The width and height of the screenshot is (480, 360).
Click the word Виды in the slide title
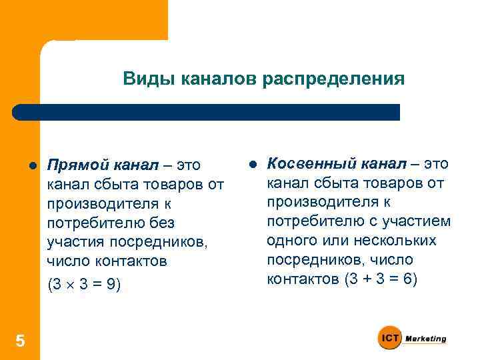pos(142,79)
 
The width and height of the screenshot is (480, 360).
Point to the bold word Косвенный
pos(302,164)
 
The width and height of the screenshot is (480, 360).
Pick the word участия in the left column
pos(71,241)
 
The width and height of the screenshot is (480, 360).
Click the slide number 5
pos(20,341)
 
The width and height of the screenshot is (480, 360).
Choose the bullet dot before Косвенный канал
pos(253,164)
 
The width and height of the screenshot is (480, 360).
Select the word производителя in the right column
pos(309,202)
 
